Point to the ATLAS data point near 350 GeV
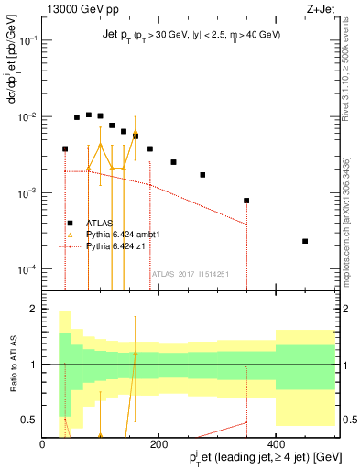[x=246, y=201]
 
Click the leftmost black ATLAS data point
[x=65, y=148]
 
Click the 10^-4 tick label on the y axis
[x=28, y=269]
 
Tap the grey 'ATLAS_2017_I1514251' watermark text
[x=190, y=274]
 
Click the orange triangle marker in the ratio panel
[x=136, y=353]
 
